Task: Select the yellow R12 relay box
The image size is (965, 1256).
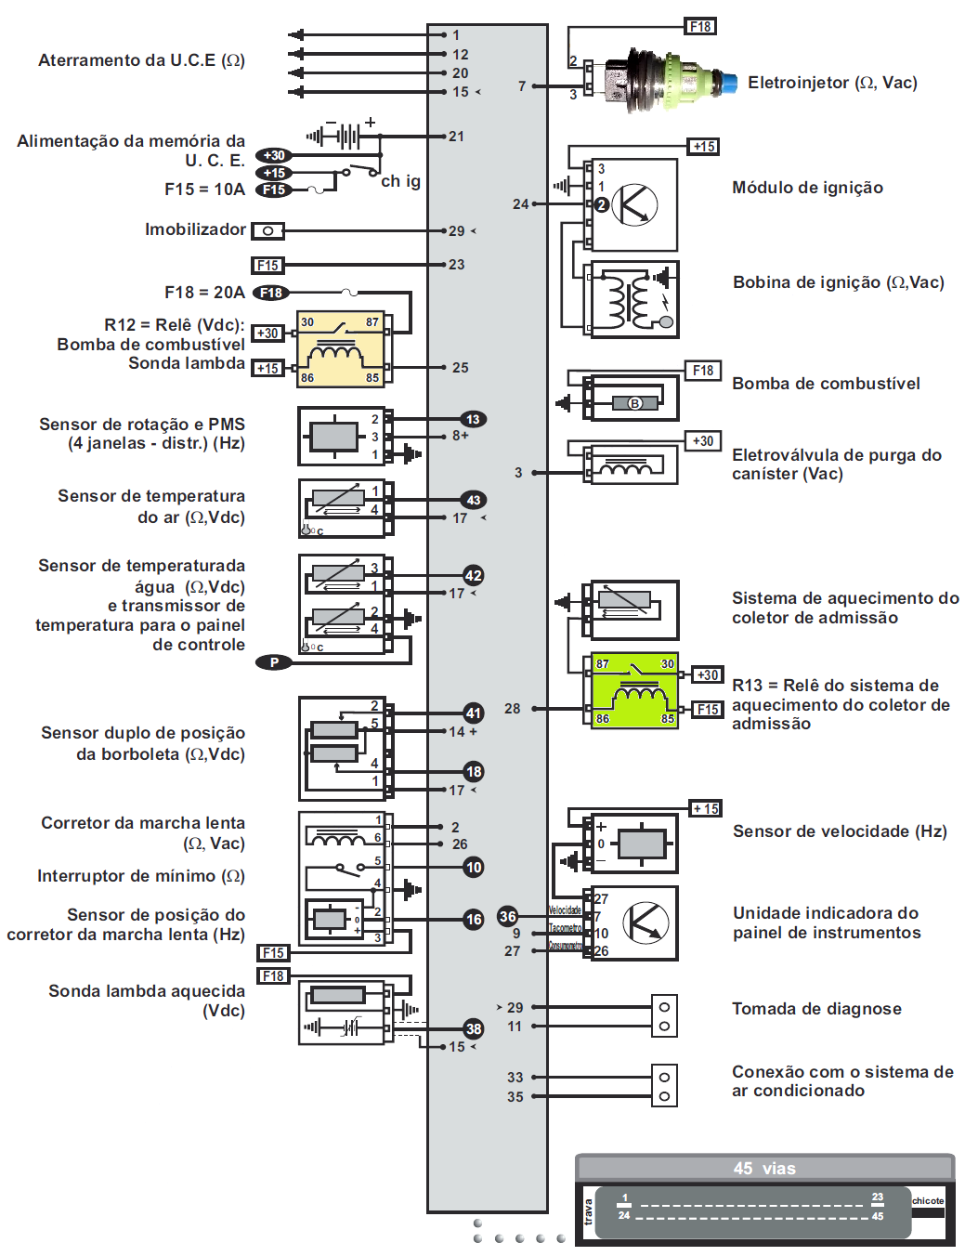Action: coord(341,349)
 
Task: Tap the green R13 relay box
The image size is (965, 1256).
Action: coord(634,690)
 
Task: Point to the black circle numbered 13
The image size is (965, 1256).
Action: coord(473,420)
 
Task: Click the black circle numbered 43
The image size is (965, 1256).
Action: coord(473,501)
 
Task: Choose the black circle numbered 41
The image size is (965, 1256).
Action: coord(474,713)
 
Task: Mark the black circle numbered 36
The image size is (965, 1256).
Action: coord(507,916)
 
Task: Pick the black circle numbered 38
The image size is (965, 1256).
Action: coord(474,1028)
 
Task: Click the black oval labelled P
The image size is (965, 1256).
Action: coord(274,662)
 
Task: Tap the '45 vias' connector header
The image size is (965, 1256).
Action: coord(764,1169)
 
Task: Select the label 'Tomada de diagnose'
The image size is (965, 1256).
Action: coord(816,1009)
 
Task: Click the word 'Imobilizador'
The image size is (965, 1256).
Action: coord(195,229)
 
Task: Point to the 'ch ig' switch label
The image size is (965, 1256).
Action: coord(400,181)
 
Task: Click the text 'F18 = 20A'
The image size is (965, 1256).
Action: coord(204,293)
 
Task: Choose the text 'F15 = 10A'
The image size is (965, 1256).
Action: coord(204,190)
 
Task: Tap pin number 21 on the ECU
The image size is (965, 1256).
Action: coord(456,137)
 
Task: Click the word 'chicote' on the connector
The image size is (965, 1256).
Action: coord(927,1201)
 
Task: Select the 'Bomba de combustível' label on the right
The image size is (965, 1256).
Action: coord(826,384)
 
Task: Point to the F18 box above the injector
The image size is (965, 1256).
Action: coord(700,27)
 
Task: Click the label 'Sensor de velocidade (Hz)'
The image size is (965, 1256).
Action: coord(840,831)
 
